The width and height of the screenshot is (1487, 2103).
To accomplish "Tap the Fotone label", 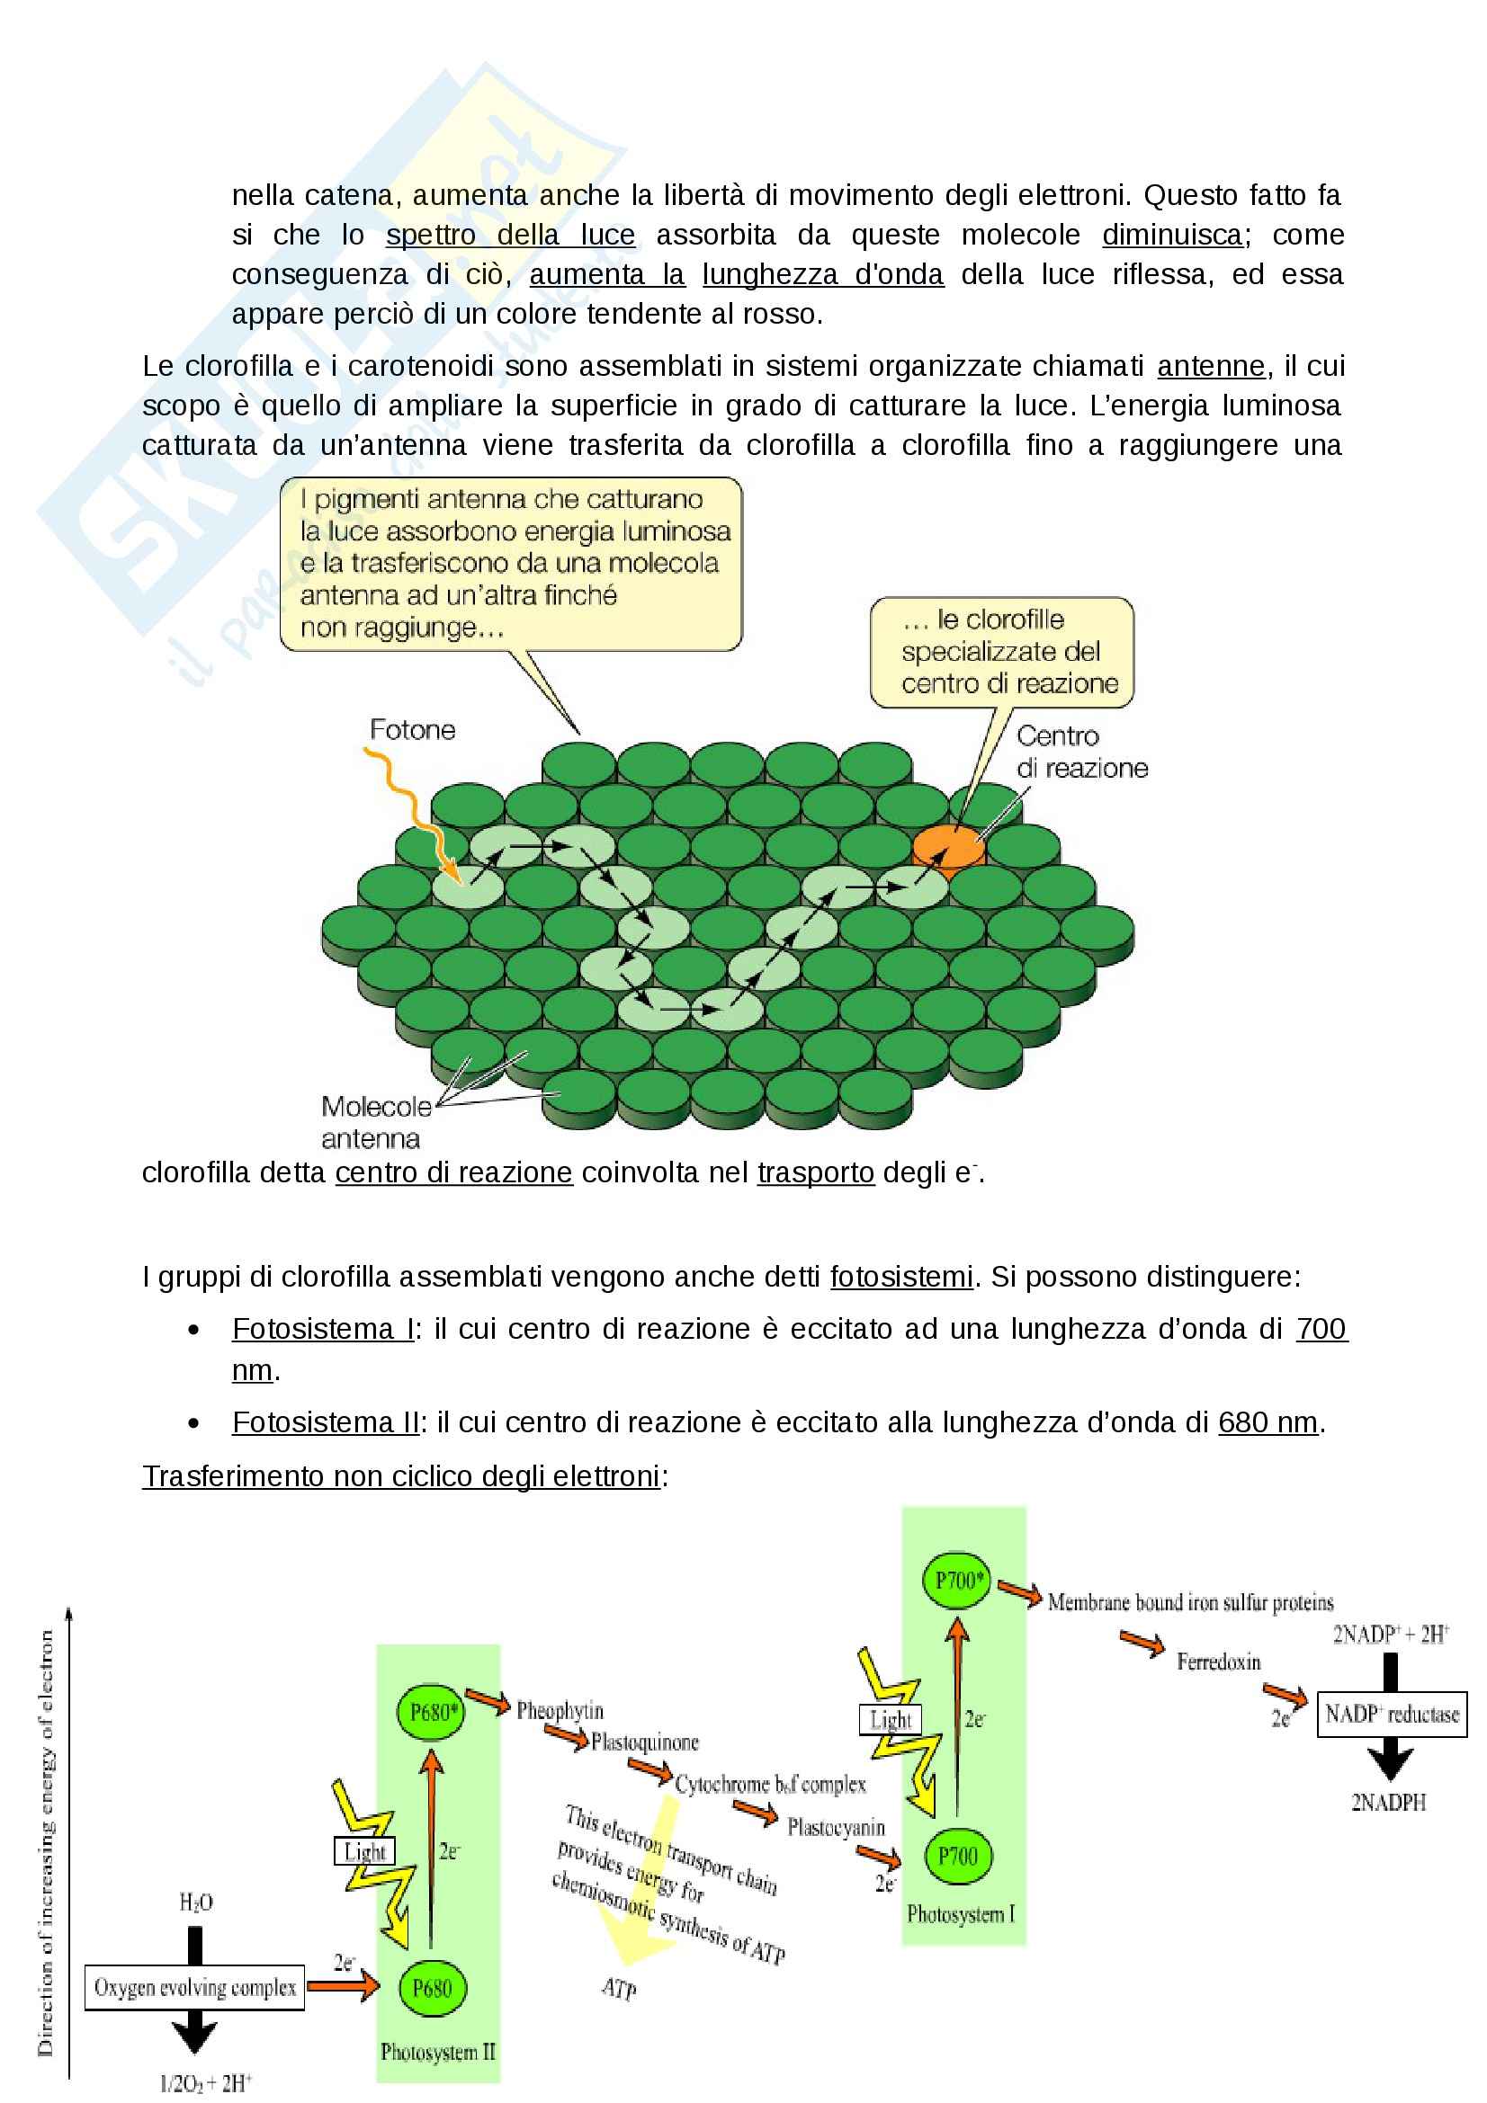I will click(412, 730).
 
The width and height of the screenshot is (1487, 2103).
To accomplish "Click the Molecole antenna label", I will click(376, 1122).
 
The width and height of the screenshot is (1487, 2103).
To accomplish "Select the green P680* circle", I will click(431, 1712).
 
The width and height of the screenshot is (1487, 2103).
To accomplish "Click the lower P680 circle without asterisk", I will click(432, 1989).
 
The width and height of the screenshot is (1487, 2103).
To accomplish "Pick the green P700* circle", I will click(957, 1581).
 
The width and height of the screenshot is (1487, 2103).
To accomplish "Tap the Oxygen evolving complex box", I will click(194, 1988).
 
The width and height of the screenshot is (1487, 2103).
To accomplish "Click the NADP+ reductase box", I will click(1391, 1715).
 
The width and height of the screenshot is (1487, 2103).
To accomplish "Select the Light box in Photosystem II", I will click(364, 1851).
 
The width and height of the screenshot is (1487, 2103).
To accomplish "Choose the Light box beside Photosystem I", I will click(890, 1719).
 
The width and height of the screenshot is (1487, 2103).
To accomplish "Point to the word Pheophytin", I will click(560, 1710).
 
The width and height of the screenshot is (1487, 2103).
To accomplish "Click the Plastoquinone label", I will click(644, 1742).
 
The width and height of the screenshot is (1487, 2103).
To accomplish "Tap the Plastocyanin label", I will click(836, 1827).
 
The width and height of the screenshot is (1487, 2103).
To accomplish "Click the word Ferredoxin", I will click(1218, 1662).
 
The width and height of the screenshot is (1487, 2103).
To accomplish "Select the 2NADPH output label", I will click(1388, 1803).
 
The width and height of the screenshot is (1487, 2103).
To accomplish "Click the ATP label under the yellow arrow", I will click(618, 1989).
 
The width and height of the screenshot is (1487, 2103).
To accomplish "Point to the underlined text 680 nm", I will click(1268, 1422).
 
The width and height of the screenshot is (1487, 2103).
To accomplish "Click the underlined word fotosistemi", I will click(900, 1277).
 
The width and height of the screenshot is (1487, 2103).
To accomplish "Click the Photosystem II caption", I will click(437, 2053).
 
